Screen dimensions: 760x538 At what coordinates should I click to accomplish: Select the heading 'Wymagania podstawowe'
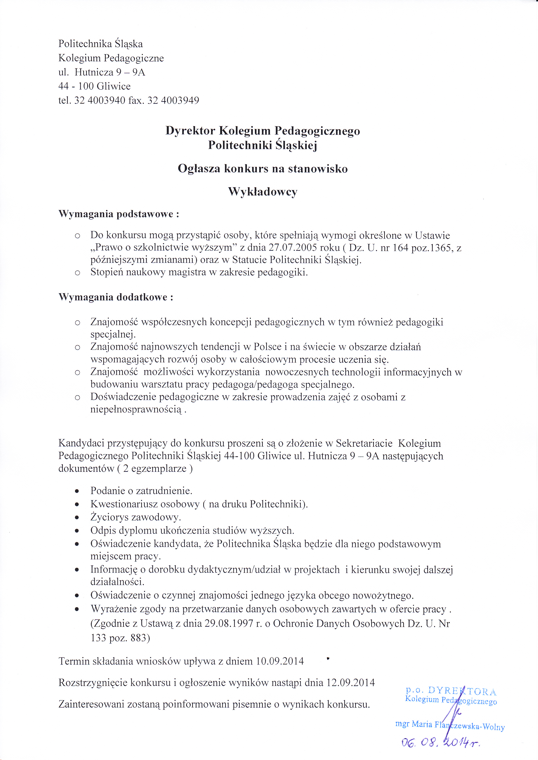(119, 214)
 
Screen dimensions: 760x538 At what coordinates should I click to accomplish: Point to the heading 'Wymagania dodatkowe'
(116, 297)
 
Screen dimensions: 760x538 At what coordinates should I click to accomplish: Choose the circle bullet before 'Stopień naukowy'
(77, 273)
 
